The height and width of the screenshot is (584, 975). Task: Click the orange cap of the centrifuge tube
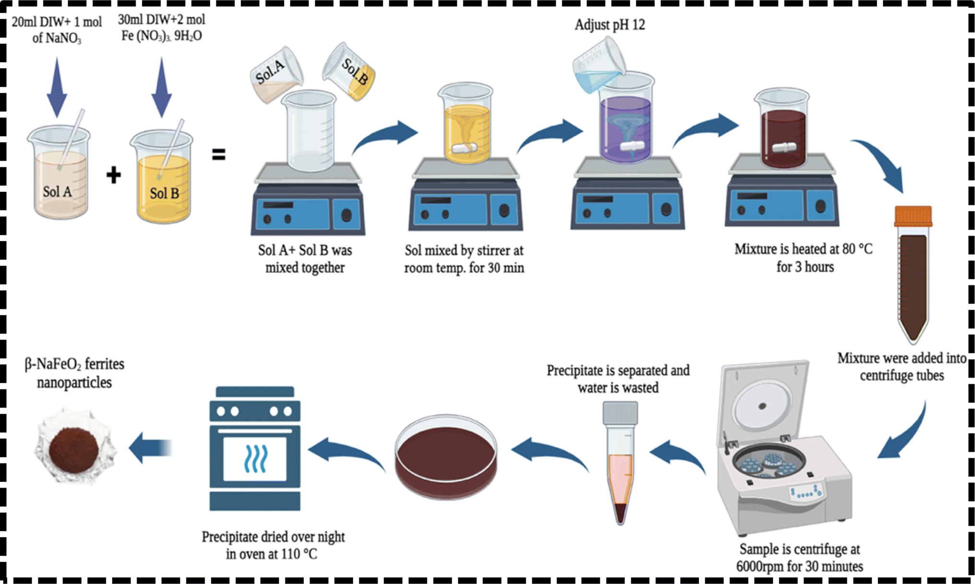tap(913, 216)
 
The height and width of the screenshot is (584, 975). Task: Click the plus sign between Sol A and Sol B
tap(114, 175)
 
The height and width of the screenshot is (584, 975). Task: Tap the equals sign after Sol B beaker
tap(219, 154)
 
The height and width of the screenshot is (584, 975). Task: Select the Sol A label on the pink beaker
tap(57, 192)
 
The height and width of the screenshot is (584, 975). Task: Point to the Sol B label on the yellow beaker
tap(164, 193)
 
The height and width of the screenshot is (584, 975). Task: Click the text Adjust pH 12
tap(609, 24)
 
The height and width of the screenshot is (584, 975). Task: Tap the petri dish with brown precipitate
tap(446, 456)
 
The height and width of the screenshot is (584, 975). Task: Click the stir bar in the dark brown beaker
tap(784, 147)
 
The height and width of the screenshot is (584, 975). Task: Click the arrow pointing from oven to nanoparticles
tap(151, 447)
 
